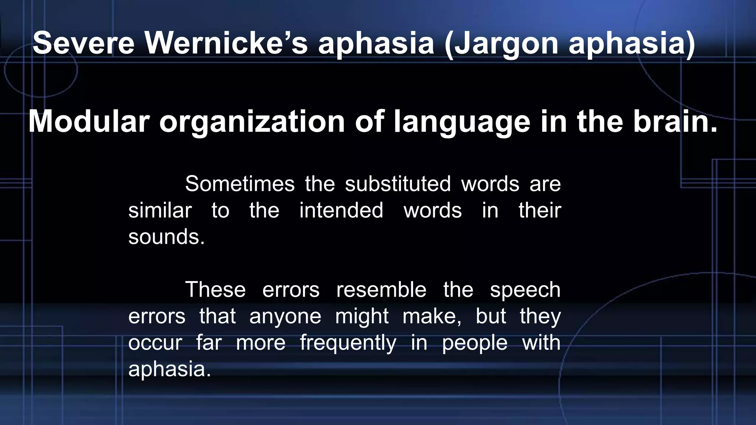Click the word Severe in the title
click(x=83, y=43)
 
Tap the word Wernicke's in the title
click(x=226, y=43)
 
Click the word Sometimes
click(x=240, y=184)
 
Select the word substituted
click(x=398, y=184)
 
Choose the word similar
click(x=160, y=210)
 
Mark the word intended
click(x=341, y=210)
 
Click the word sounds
click(x=166, y=237)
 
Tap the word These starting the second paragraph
click(x=215, y=290)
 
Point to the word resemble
click(x=381, y=290)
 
